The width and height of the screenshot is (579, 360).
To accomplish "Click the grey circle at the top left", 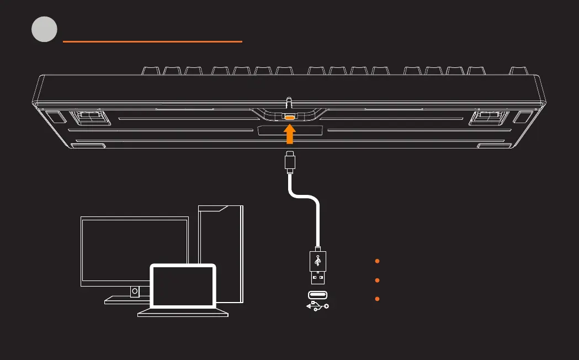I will tap(44, 29).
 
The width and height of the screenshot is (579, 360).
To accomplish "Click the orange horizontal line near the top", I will tap(152, 41).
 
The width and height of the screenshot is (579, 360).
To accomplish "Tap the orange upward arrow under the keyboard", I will tap(290, 134).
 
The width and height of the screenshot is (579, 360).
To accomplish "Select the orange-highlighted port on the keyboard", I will tap(290, 117).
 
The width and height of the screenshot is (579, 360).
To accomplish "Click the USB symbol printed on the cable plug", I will tap(317, 260).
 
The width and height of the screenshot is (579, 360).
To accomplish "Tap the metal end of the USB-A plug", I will tap(317, 277).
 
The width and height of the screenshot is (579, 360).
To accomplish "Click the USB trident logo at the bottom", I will tap(317, 305).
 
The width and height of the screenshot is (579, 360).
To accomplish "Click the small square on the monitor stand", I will tap(134, 291).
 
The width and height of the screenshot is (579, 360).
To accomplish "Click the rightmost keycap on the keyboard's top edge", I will tap(518, 71).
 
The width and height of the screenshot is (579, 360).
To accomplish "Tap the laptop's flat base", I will tap(183, 313).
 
